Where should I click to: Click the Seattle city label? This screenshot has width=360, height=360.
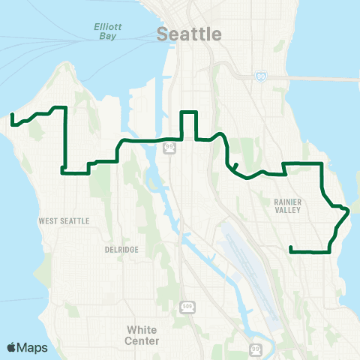point(190,34)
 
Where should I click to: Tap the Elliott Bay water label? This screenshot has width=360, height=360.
point(108,29)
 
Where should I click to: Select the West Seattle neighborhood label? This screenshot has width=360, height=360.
point(64,221)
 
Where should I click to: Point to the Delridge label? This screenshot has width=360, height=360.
point(121,250)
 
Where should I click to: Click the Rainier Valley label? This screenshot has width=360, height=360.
point(282,205)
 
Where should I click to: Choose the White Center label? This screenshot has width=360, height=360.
point(142,335)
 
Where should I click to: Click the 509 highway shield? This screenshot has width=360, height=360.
point(187,307)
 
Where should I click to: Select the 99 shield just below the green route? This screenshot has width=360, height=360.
point(171,149)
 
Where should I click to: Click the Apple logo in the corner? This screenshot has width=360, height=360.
point(11,347)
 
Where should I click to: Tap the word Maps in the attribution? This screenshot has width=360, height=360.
point(33,347)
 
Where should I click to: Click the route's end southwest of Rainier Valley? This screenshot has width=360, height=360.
point(290,247)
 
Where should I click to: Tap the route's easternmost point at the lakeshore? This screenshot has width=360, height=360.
point(349,211)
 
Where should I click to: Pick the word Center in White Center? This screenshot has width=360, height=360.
point(142,340)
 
